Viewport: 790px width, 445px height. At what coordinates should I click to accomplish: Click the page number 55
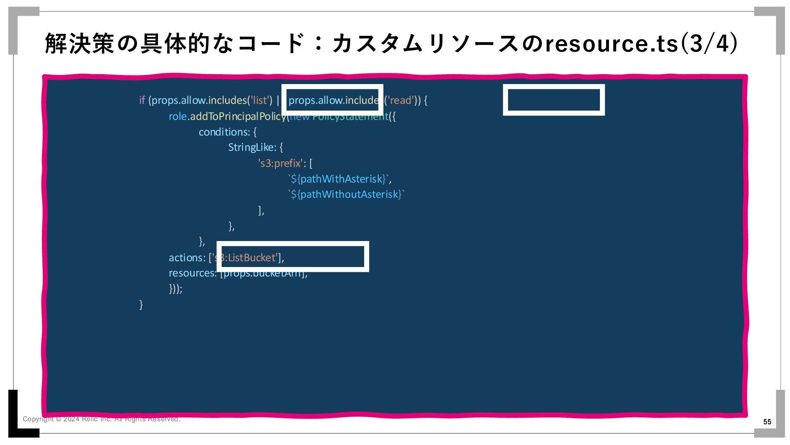tap(767, 422)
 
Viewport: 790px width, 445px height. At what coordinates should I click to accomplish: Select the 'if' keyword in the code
tap(142, 101)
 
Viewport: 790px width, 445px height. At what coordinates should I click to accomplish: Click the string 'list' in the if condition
tap(260, 101)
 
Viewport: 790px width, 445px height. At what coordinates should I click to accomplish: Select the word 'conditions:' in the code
tap(224, 132)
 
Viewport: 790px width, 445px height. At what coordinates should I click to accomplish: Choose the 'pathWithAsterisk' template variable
tap(343, 179)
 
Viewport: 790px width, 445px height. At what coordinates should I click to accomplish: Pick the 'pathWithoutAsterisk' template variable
tap(351, 194)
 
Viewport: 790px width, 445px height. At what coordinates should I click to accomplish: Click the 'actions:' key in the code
tap(187, 258)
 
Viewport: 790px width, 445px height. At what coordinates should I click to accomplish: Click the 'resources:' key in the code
tap(192, 273)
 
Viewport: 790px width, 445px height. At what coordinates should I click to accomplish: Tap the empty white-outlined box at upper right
tap(554, 100)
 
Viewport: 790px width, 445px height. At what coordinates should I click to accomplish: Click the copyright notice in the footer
tap(101, 419)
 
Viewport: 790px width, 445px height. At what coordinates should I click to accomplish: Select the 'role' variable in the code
tap(177, 117)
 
